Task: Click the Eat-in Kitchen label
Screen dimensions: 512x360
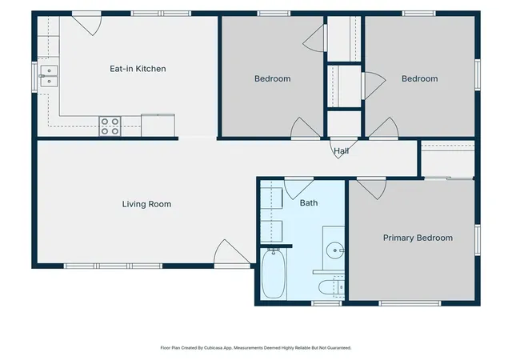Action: [138, 69]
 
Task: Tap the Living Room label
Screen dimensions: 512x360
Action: [146, 204]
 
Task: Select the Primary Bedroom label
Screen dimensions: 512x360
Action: [418, 238]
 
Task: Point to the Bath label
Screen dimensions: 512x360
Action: [309, 203]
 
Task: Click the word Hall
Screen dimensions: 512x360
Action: [342, 151]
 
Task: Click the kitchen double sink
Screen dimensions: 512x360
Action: [49, 76]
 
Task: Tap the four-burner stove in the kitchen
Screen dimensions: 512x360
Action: [110, 126]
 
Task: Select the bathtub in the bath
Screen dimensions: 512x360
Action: [274, 274]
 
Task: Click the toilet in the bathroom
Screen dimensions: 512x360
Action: [331, 287]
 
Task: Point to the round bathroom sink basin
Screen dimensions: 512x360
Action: [334, 250]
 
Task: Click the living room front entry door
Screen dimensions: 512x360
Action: [232, 254]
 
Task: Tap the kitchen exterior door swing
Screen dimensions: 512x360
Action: [86, 23]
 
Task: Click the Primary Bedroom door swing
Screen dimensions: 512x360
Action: [371, 189]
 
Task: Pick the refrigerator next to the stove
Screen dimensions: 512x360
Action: [158, 125]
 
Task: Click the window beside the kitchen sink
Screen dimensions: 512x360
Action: [34, 77]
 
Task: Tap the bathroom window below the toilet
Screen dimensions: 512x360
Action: [326, 303]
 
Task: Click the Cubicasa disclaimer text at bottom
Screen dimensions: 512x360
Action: [256, 348]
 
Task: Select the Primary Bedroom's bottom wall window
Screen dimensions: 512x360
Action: [410, 303]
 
